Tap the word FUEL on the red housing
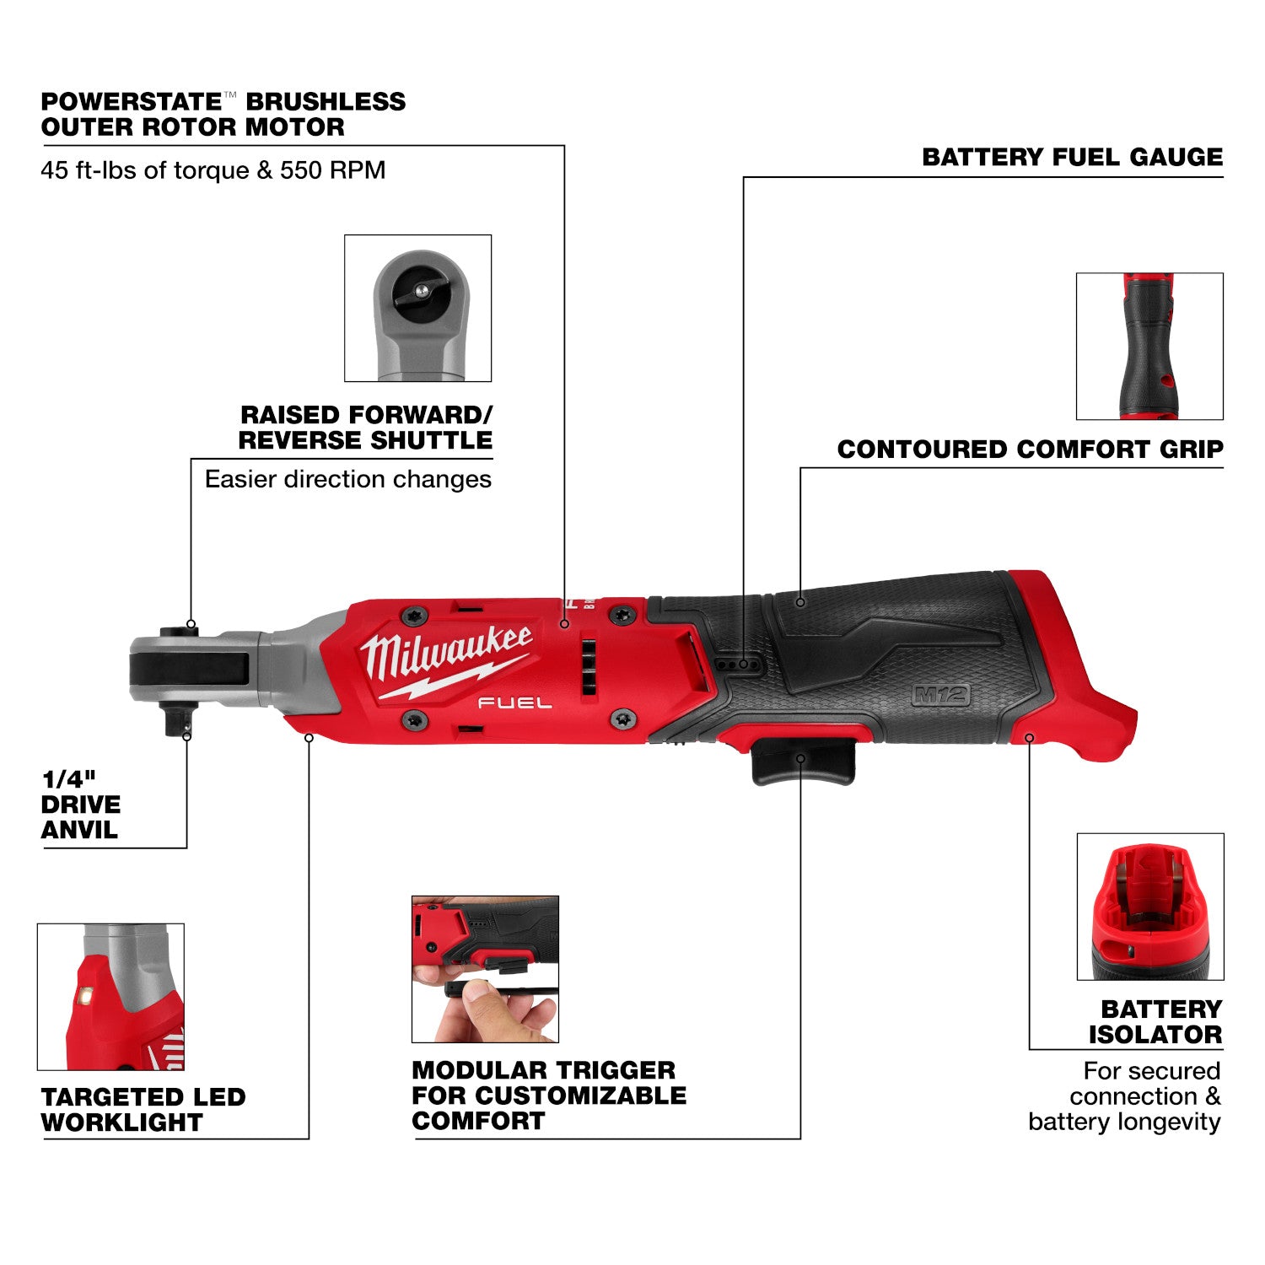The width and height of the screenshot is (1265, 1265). (515, 702)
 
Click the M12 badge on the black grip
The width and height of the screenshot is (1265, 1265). (941, 696)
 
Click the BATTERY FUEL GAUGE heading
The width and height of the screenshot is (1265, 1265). (1072, 157)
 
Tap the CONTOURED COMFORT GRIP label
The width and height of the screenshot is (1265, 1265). (1030, 449)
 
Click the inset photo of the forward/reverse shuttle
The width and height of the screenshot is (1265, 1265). (417, 308)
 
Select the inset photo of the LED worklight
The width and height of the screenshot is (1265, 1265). (110, 996)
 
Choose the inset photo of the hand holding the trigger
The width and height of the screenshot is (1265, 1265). (485, 969)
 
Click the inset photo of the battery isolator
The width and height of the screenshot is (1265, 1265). (1149, 907)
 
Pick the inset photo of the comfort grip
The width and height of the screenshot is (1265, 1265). (1149, 346)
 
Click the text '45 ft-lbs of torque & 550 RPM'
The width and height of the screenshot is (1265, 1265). (213, 170)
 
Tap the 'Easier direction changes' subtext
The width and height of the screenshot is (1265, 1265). (347, 479)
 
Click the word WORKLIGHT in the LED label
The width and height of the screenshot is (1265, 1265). (122, 1122)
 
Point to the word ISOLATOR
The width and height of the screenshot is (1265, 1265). (1155, 1035)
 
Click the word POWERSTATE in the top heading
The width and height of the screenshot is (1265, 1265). (131, 102)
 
